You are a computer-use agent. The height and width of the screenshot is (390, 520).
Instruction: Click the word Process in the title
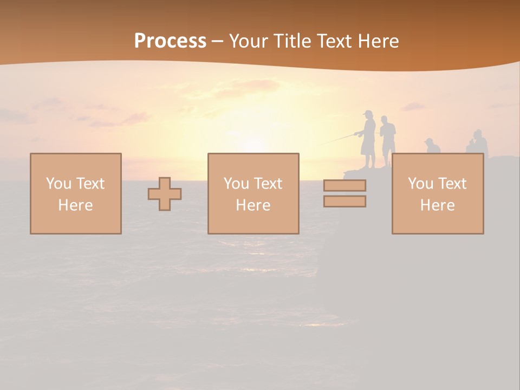point(170,41)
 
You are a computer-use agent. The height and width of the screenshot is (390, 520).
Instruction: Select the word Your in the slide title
point(248,41)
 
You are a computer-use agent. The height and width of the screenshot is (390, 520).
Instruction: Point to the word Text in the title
point(336,41)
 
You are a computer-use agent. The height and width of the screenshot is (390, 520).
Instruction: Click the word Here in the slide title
point(379,41)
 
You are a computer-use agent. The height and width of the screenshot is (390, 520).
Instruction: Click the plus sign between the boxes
point(165,194)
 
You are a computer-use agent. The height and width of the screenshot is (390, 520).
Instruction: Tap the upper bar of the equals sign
point(344,185)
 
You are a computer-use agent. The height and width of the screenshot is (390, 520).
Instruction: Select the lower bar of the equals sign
point(344,201)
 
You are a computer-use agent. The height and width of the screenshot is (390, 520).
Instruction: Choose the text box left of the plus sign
point(76,193)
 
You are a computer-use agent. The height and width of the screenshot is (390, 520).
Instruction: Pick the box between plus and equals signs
point(253,193)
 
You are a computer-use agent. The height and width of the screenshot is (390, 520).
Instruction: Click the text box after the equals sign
point(438,193)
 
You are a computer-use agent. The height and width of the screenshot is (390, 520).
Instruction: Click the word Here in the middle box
point(253,205)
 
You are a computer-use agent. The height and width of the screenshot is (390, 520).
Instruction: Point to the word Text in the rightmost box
point(453,184)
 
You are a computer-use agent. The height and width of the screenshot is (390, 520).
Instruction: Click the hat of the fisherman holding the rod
point(368,113)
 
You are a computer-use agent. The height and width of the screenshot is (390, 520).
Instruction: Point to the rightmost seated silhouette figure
point(477,144)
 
